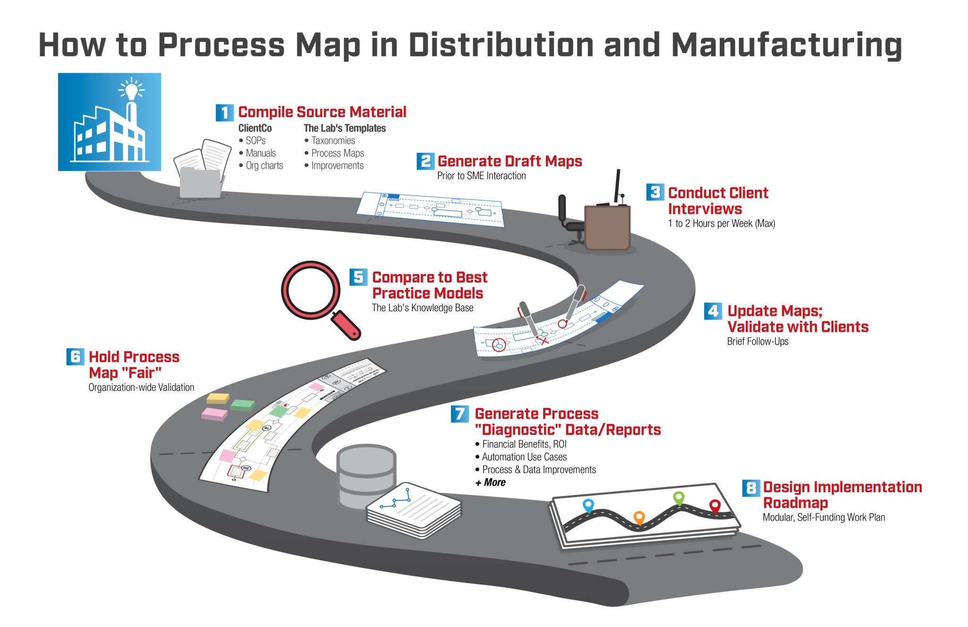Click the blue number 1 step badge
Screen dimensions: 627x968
(225, 113)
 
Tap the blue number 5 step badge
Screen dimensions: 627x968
(358, 277)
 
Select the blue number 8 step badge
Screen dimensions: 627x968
(751, 488)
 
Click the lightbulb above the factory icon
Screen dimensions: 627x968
(131, 89)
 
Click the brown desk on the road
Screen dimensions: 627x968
(607, 228)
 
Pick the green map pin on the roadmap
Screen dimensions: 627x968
(679, 497)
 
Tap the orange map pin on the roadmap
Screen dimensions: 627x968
(639, 517)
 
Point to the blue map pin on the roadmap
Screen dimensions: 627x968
(588, 505)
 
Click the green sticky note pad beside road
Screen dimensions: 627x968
(243, 405)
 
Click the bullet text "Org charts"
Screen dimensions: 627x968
(264, 166)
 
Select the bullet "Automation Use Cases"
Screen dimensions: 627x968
(524, 457)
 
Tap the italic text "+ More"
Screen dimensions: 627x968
(490, 483)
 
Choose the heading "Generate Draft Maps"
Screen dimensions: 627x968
(510, 161)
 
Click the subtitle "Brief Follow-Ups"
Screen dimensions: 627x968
(757, 342)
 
